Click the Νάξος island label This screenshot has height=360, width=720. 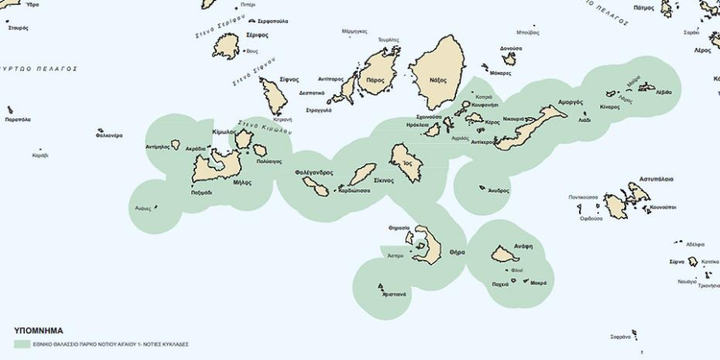(x=438, y=80)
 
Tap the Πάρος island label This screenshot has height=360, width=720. (x=374, y=80)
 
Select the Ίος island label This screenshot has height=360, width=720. (x=407, y=162)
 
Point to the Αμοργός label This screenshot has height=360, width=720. (x=547, y=102)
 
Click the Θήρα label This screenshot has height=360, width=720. (x=457, y=251)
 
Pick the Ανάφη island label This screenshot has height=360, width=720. (x=524, y=246)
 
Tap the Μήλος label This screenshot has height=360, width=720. (x=242, y=182)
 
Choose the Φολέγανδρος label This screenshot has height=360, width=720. (x=314, y=172)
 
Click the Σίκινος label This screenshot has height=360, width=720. (x=381, y=181)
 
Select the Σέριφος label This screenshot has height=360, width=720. (x=257, y=35)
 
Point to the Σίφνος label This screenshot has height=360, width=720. (x=289, y=79)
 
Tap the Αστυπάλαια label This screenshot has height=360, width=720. (x=657, y=179)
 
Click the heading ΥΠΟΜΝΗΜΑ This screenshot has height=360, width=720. (x=38, y=330)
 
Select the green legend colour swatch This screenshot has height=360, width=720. (x=22, y=344)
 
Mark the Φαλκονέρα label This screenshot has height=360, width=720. (x=109, y=135)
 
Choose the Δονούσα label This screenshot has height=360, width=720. (x=511, y=48)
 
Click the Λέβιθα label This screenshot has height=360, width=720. (x=663, y=92)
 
